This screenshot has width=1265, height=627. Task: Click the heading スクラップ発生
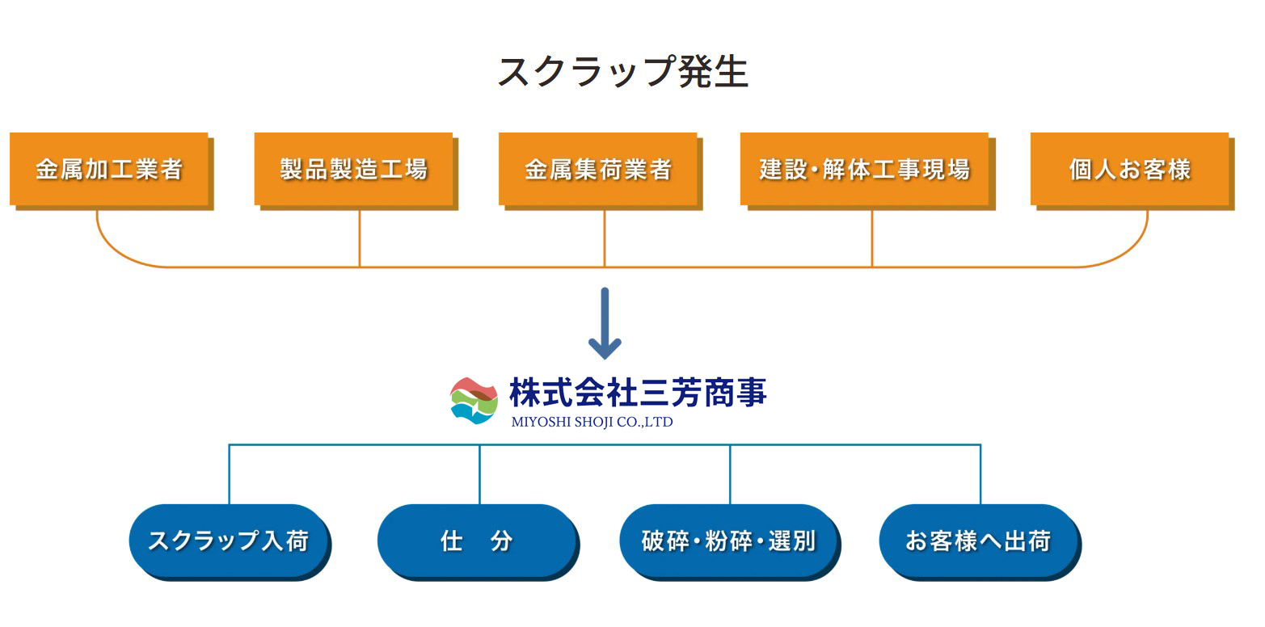tap(622, 71)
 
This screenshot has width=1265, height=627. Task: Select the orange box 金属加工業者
tap(109, 169)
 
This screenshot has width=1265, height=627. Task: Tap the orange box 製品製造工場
tap(353, 169)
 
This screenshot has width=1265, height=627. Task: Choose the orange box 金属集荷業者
tap(598, 169)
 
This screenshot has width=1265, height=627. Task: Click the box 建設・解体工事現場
tap(864, 169)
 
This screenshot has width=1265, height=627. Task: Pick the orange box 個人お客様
tap(1129, 169)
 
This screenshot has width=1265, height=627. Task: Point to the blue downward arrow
tap(605, 323)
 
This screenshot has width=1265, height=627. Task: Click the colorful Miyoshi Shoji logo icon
tap(474, 400)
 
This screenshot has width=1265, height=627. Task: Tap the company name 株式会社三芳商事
tap(638, 393)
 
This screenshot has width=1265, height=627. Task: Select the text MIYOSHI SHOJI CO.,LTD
tap(592, 422)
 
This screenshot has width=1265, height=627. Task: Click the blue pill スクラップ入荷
tap(228, 540)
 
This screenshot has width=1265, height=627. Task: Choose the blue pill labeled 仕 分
tap(477, 540)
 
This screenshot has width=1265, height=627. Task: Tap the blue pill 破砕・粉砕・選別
tap(728, 540)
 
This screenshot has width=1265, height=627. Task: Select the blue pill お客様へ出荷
tap(978, 540)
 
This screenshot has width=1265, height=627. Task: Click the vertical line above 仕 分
tap(479, 474)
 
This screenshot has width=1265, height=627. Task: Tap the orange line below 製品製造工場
tap(360, 238)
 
